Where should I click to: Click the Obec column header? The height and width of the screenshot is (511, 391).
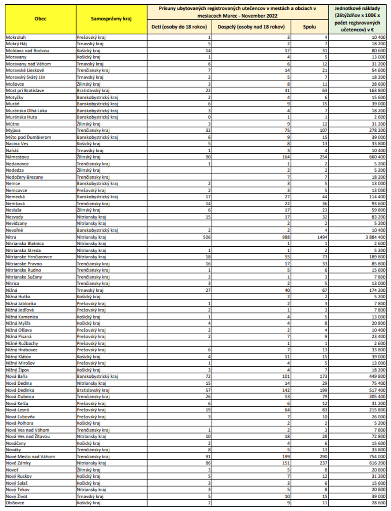[40, 19]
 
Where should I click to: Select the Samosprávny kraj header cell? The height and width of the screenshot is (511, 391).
[111, 19]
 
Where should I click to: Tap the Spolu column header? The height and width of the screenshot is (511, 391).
[309, 27]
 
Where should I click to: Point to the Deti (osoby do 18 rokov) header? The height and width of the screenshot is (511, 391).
[179, 27]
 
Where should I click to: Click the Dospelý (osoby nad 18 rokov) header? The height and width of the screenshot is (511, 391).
[251, 27]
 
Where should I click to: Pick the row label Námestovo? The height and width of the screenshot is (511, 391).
[18, 157]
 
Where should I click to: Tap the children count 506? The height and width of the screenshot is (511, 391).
[206, 237]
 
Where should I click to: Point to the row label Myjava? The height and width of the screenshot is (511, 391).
[13, 130]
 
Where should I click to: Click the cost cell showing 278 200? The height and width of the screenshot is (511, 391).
[377, 130]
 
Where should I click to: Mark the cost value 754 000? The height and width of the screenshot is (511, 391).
[377, 456]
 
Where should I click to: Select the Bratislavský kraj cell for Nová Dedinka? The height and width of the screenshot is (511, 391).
[93, 390]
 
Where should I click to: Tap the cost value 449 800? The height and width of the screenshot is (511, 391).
[377, 377]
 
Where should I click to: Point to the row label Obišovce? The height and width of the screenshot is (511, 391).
[15, 503]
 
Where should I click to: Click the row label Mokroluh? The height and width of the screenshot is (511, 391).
[16, 37]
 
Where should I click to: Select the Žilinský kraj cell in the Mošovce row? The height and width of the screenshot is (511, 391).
[89, 84]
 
